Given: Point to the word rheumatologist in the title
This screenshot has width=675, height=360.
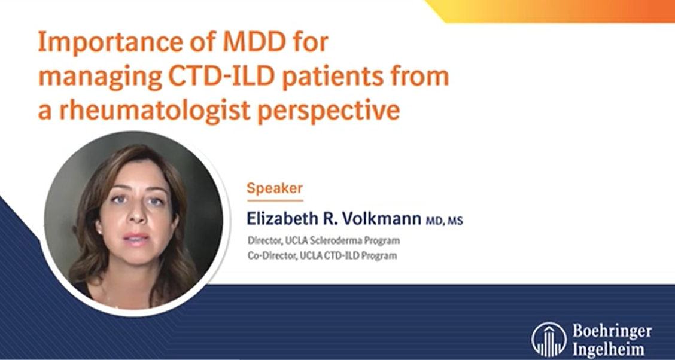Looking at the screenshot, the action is [x=154, y=110].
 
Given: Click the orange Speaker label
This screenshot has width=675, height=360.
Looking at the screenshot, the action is [x=275, y=189].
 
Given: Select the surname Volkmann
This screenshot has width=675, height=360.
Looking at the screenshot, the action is [x=381, y=219].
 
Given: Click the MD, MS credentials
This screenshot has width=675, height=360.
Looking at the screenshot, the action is [x=444, y=221].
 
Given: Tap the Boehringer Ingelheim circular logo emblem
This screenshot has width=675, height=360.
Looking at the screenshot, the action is [x=549, y=339].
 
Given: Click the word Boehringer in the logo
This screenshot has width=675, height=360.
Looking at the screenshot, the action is [x=612, y=332].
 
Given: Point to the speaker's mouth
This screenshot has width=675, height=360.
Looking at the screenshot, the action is [x=136, y=239].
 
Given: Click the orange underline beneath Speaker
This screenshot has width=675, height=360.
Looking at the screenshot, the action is [x=275, y=200].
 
